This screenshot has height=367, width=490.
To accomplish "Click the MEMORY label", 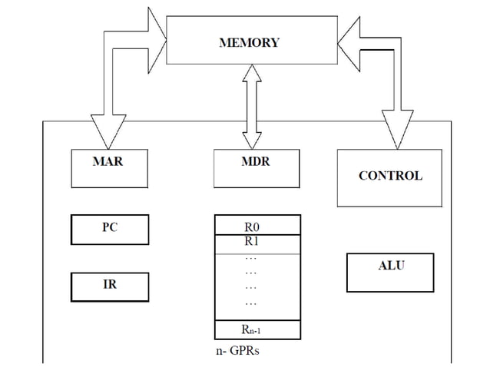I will tap(250, 43).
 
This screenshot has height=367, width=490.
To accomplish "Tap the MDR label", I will tap(256, 162).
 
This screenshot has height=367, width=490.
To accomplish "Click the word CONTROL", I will tap(390, 176).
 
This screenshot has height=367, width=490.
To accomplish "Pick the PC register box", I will tap(110, 229).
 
